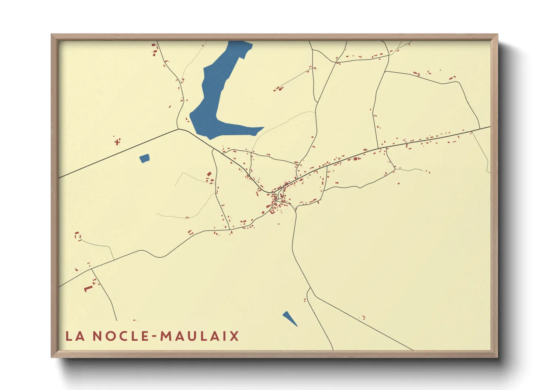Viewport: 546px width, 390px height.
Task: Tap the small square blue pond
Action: (145, 159)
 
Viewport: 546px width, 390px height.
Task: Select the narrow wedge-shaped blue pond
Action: (290, 318)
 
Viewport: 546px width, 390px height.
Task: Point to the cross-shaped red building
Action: (117, 142)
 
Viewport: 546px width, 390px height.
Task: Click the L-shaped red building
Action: (88, 289)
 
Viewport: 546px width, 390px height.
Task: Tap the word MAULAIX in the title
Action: (200, 336)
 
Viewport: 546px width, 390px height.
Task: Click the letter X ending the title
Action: (234, 336)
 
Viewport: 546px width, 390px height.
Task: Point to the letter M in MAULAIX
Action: (166, 336)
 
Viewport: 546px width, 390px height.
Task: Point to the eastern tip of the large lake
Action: (263, 128)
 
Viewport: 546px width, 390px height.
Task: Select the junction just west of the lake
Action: (179, 129)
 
